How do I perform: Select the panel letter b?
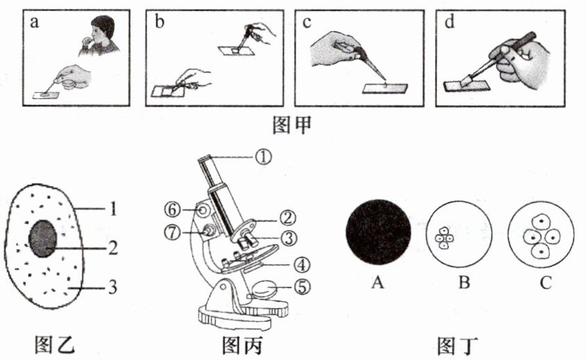click(160, 22)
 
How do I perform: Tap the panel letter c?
click(307, 22)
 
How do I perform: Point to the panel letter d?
click(450, 22)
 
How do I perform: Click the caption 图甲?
click(293, 125)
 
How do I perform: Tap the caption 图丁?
click(458, 345)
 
